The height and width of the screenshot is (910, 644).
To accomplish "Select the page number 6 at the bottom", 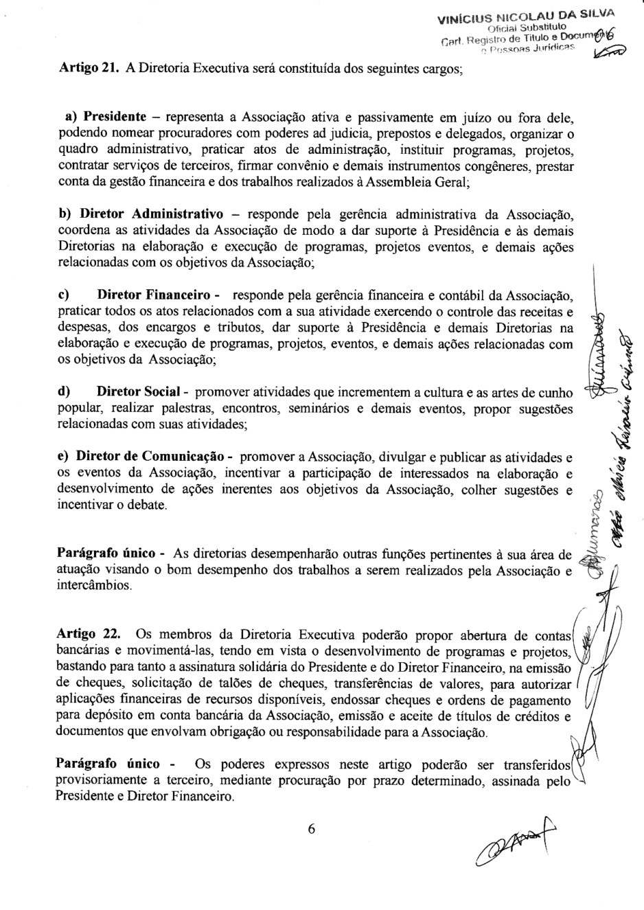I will (x=311, y=829).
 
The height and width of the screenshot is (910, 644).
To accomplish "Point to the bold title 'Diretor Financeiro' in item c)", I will (x=154, y=296).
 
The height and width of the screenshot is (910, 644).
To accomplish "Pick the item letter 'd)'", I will (x=65, y=393).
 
